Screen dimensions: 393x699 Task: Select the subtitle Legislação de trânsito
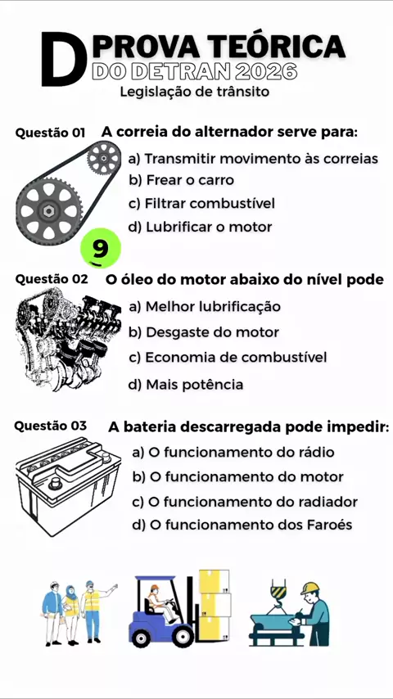pos(195,92)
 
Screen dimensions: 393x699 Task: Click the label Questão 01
pos(51,133)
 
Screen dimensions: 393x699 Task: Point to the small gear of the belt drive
pos(103,158)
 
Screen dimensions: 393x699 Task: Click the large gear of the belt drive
pos(49,210)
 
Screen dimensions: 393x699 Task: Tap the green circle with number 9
pos(101,248)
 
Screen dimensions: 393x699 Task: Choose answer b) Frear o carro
pos(181,180)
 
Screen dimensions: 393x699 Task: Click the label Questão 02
pos(52,279)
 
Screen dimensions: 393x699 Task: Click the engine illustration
pos(68,339)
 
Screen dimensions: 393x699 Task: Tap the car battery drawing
pos(68,486)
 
